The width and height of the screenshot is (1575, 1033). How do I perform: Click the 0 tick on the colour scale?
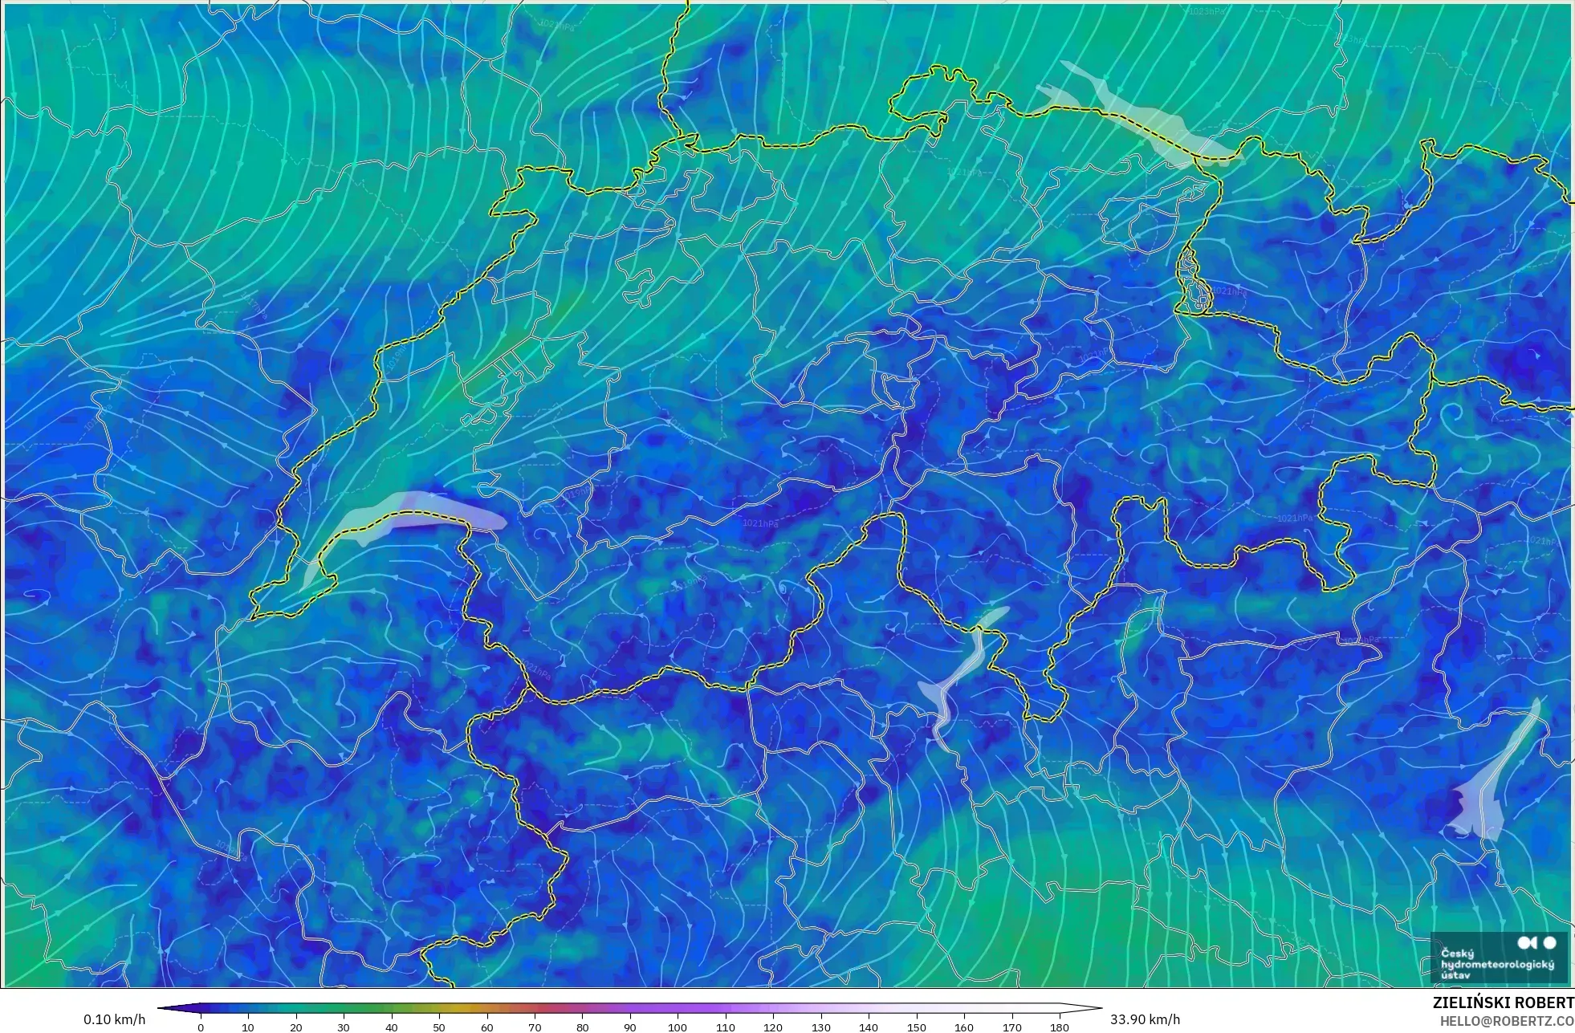tap(201, 1027)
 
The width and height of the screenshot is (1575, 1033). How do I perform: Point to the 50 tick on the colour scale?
tap(439, 1027)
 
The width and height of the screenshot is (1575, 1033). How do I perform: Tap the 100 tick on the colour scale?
tap(678, 1027)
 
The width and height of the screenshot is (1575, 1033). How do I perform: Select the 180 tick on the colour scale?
tap(1060, 1027)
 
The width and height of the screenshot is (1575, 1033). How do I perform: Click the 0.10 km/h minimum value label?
tap(114, 1019)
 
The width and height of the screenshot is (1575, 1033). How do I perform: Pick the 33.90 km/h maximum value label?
tap(1145, 1019)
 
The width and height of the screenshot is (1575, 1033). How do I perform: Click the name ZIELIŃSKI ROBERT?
tap(1503, 1002)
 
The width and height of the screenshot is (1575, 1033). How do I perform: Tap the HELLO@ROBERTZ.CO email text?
tap(1506, 1021)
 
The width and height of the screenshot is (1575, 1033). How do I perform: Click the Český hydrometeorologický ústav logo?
tap(1498, 958)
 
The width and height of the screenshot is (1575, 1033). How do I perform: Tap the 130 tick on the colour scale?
tap(820, 1027)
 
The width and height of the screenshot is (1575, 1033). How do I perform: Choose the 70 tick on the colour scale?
tap(535, 1027)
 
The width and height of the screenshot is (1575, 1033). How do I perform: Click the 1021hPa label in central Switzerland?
tap(759, 523)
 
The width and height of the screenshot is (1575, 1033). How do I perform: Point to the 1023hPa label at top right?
tap(1207, 11)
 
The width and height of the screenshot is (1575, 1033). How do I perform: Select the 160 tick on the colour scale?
tap(964, 1027)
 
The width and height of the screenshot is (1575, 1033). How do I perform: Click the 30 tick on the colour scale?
tap(344, 1027)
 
